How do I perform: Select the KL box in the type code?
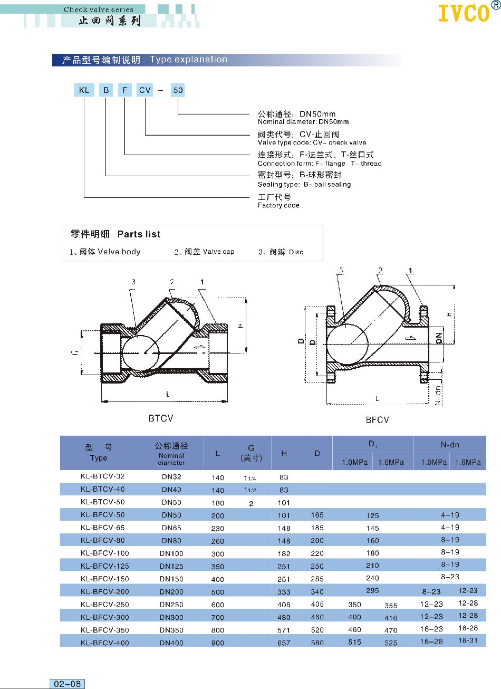pos(84,90)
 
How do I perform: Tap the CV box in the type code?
pos(145,90)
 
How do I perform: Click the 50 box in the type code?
pos(178,90)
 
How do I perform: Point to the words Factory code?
pos(278,205)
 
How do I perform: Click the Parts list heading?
pos(139,234)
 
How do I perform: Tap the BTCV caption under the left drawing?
pos(161,418)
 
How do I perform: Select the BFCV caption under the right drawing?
pos(377,420)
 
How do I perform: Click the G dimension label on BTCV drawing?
pos(76,351)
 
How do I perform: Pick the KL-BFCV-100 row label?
pos(105,553)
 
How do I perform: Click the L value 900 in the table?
pos(218,643)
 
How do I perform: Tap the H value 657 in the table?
pos(284,643)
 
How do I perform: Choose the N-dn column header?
pos(450,445)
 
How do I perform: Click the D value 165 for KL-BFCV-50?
pos(317,515)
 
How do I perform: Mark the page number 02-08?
pos(68,684)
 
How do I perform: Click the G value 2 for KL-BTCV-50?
pos(251,503)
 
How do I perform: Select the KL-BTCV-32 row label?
pos(103,476)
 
